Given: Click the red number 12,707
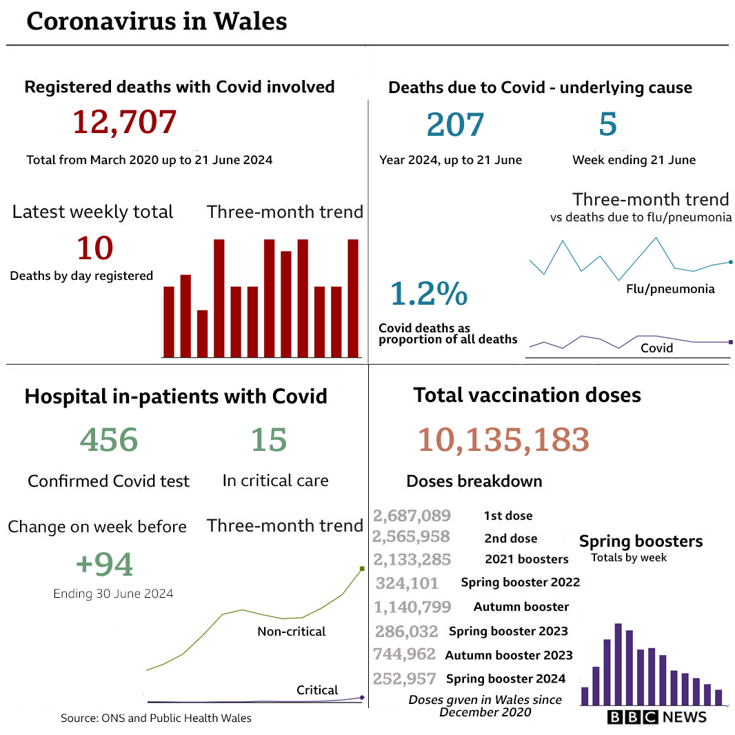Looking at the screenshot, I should [x=125, y=122].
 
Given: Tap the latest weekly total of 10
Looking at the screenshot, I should [x=94, y=248].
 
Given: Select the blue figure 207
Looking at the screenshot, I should [x=455, y=125].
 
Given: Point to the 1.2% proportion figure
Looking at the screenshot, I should [x=429, y=294].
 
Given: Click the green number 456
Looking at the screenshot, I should [x=109, y=440].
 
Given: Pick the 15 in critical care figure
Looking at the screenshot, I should [x=268, y=440].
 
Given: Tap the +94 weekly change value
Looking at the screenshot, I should [x=104, y=565].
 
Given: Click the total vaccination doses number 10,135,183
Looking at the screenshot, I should [x=503, y=440].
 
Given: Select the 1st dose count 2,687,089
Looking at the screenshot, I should [x=412, y=516].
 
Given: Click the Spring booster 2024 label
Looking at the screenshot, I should [x=505, y=678].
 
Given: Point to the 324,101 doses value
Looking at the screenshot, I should [x=407, y=583].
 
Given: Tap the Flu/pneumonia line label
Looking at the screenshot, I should [x=669, y=289].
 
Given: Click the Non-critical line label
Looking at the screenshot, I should [x=291, y=632].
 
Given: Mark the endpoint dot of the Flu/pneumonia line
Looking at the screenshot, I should [x=730, y=261].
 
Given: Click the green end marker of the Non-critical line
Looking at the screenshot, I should [x=361, y=569].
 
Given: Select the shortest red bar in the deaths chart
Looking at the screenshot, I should [x=202, y=334].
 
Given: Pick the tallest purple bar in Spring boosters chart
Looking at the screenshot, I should [x=618, y=664].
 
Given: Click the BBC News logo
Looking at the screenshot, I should [x=657, y=717].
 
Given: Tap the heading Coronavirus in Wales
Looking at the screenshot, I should [x=157, y=21].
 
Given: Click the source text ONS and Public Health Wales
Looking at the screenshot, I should [x=156, y=718].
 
